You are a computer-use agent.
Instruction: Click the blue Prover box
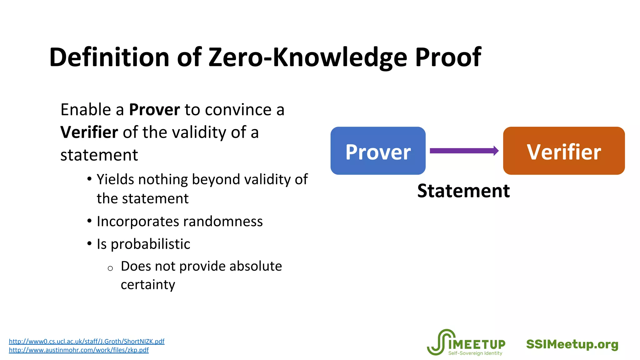tap(378, 151)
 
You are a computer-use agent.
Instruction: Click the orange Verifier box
tap(564, 151)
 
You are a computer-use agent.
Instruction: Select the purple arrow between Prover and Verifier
tap(464, 151)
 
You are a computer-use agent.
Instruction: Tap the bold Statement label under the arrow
tap(463, 191)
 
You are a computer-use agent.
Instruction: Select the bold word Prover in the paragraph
tap(154, 110)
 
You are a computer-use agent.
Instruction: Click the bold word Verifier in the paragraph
tap(89, 132)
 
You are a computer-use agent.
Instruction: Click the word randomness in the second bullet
tap(223, 222)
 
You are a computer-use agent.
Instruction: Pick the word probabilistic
tap(150, 244)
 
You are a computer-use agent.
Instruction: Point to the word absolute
tap(255, 266)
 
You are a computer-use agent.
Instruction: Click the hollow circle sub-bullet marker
tap(110, 268)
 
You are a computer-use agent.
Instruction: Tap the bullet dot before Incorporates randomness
tap(89, 221)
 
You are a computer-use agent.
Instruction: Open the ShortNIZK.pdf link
tap(87, 341)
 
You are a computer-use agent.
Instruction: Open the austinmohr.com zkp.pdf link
tap(79, 350)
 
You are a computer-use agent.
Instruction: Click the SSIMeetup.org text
tap(572, 344)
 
